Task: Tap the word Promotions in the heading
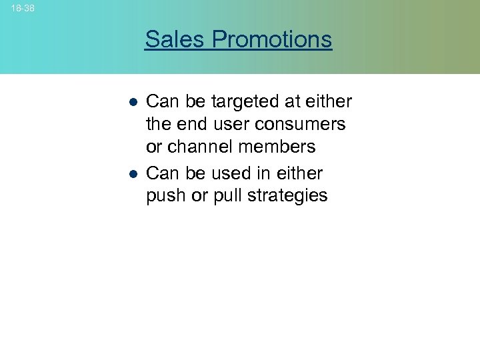click(x=272, y=40)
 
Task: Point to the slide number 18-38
click(x=23, y=8)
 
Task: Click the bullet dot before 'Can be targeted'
click(x=133, y=103)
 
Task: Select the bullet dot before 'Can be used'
click(x=133, y=174)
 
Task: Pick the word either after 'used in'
click(x=298, y=173)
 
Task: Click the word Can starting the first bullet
click(x=161, y=101)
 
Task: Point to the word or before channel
click(x=155, y=147)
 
